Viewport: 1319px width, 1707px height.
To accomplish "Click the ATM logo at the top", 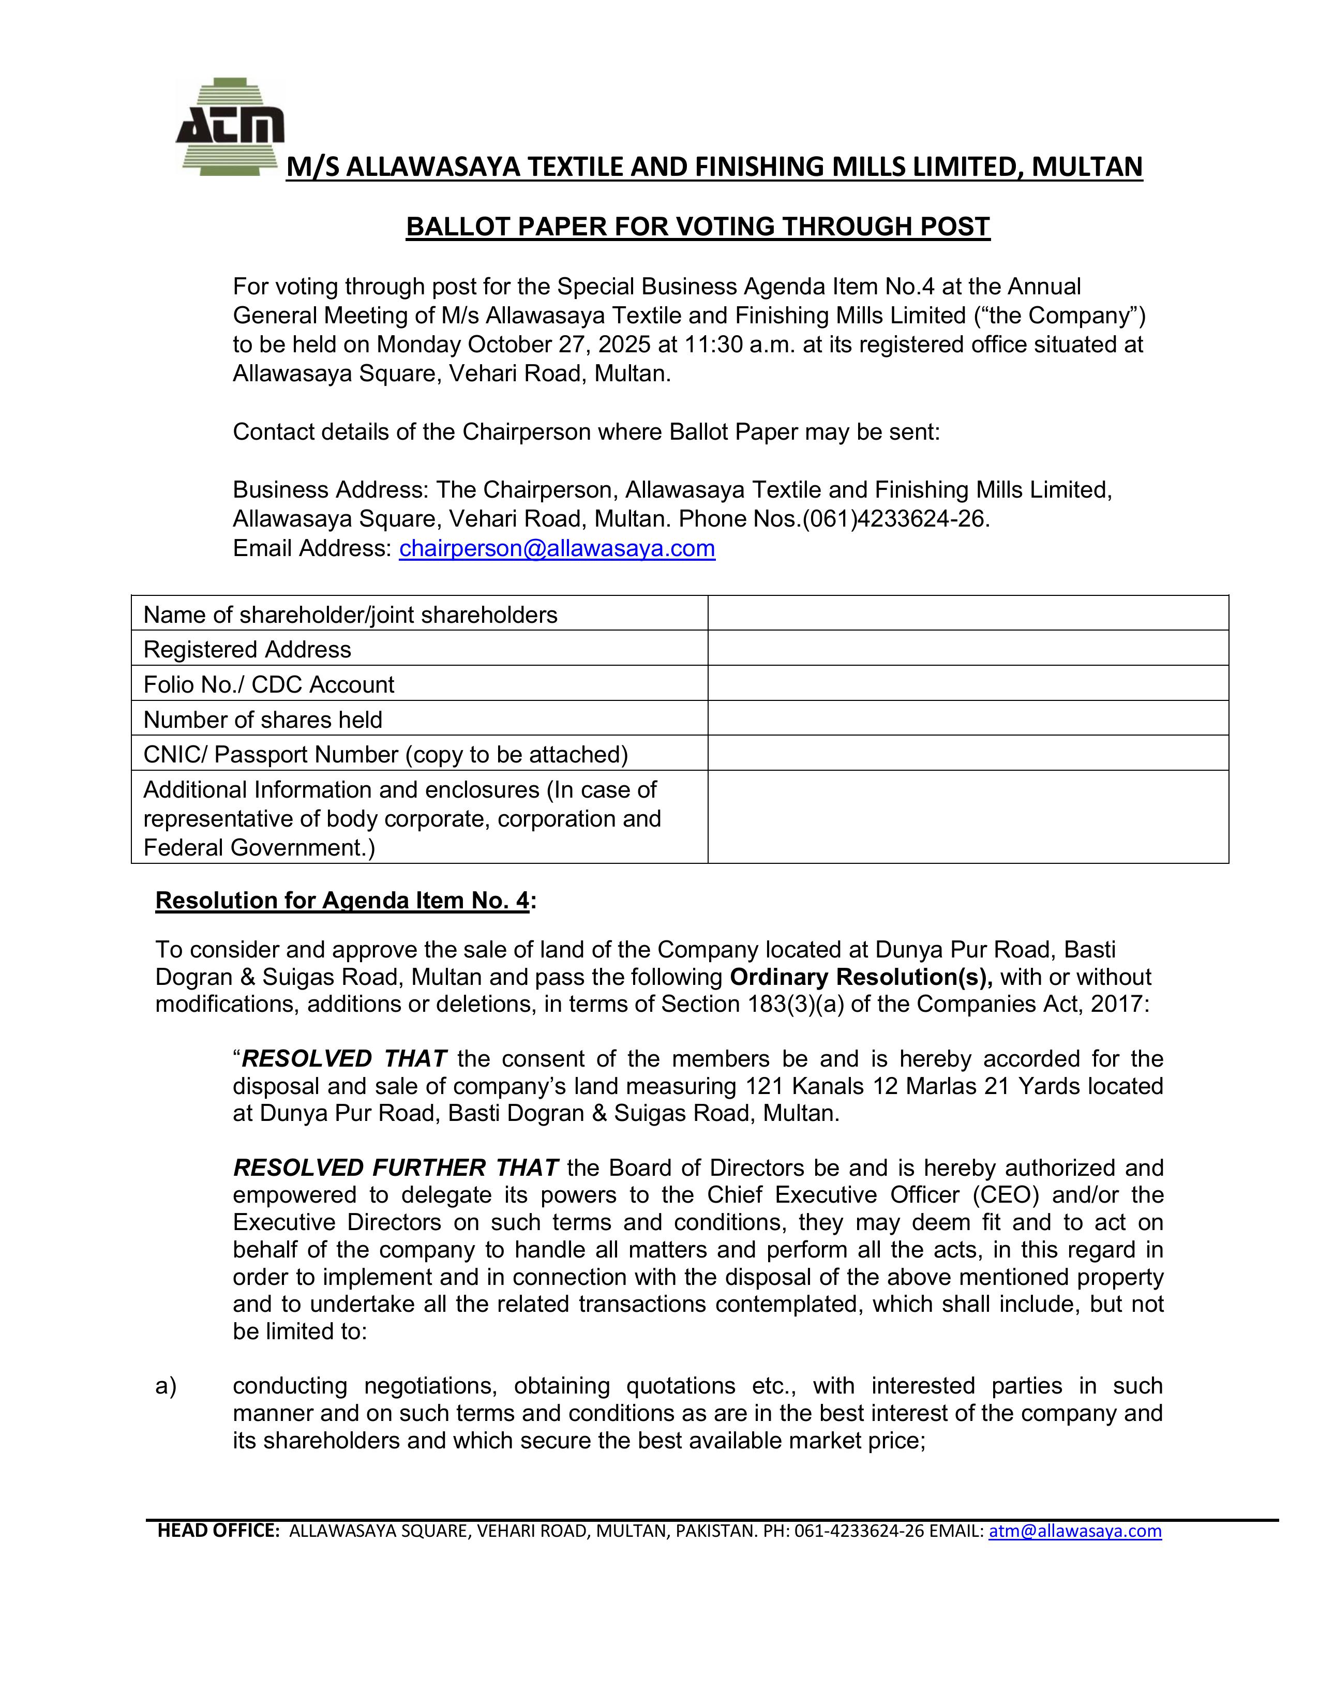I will [230, 127].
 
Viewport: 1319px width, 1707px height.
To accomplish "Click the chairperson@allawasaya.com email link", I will [557, 549].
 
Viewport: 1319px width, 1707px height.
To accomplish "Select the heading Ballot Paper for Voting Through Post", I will [698, 227].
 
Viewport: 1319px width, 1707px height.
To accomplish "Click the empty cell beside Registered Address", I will [967, 648].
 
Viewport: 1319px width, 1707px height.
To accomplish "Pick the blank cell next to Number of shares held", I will [967, 718].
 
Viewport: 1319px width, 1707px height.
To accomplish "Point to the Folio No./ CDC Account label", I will [269, 685].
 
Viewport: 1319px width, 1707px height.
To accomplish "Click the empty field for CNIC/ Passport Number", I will [967, 754].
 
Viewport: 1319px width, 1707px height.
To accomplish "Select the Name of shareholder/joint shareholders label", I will [350, 615].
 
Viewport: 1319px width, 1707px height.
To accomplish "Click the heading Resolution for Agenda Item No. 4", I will [343, 901].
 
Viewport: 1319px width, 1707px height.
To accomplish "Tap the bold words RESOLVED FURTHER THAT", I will [395, 1167].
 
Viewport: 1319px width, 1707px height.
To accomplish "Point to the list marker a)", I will [166, 1386].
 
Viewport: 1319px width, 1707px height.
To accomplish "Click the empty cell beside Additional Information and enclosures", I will [967, 817].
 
